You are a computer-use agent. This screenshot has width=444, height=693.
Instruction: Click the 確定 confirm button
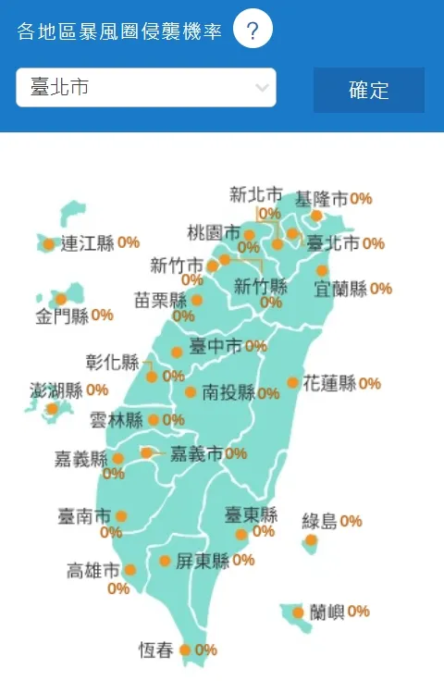point(368,90)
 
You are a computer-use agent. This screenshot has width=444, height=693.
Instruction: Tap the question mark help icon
point(253,31)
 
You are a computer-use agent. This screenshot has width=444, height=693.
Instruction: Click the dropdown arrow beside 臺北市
point(262,88)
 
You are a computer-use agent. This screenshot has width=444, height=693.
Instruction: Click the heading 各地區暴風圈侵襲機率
point(119,31)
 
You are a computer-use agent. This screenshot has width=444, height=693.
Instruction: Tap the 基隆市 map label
point(321,198)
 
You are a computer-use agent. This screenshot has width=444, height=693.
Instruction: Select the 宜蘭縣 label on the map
point(340,289)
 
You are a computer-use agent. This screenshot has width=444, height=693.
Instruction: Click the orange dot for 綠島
point(311,539)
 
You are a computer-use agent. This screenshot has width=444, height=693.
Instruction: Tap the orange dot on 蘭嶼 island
point(298,613)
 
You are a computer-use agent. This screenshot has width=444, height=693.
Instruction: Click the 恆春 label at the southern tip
point(155,650)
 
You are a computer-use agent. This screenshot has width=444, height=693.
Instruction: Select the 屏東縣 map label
point(202,561)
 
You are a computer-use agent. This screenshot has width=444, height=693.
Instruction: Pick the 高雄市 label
point(93,570)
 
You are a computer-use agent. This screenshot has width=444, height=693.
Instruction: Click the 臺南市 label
point(84,515)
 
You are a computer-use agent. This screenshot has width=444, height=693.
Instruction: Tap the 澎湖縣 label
point(56,390)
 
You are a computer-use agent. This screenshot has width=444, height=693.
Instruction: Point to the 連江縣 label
point(87,244)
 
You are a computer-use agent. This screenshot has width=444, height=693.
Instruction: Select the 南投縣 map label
point(228,392)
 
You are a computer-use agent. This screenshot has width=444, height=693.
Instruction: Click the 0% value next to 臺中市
point(256,346)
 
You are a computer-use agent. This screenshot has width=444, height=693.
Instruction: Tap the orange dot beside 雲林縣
point(154,420)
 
